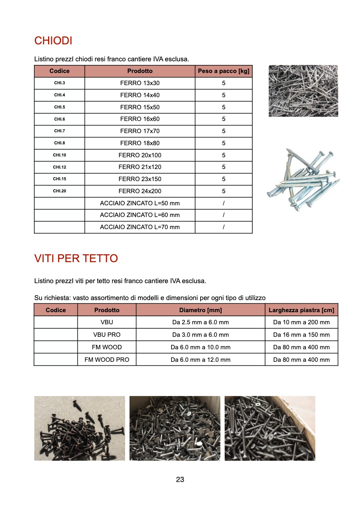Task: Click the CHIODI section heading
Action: tap(53, 41)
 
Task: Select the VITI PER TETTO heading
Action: tap(76, 258)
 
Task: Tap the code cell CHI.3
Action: tap(59, 83)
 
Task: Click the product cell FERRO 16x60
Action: tap(140, 119)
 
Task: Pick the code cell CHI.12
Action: tap(59, 167)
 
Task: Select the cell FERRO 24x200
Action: tap(140, 191)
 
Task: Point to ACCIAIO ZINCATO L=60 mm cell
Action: tap(140, 215)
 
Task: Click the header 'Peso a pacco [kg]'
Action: tap(224, 71)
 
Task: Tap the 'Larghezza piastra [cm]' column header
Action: tap(301, 310)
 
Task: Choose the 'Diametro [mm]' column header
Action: tap(201, 310)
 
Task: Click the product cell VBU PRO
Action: tap(107, 335)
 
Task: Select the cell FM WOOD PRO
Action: tap(107, 359)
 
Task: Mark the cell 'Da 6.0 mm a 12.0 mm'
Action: tap(201, 359)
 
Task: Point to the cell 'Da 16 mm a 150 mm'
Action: tap(301, 335)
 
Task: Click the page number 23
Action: tap(180, 480)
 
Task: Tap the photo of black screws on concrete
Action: tap(80, 428)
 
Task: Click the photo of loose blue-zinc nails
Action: tap(303, 180)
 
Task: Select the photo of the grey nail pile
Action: tap(303, 91)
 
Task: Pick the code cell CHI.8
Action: tap(59, 143)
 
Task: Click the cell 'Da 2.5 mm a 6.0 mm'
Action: tap(201, 322)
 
